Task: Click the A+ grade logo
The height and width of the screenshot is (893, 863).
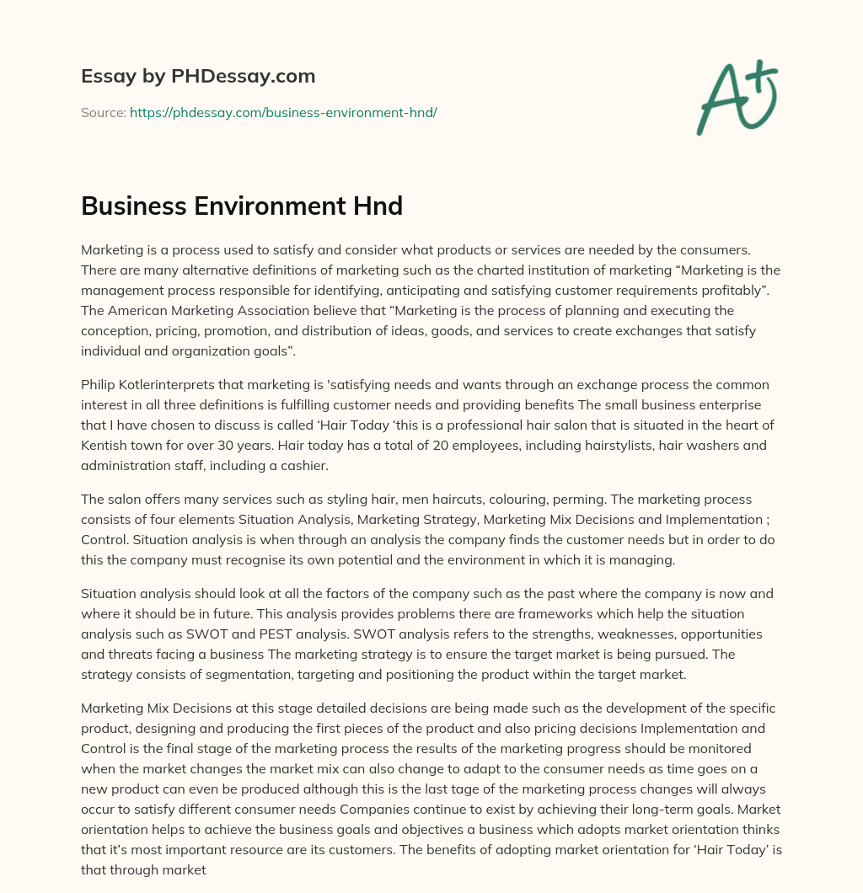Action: tap(736, 97)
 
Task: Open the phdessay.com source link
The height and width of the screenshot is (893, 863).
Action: tap(283, 112)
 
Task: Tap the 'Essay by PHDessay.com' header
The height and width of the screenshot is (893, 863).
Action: tap(198, 77)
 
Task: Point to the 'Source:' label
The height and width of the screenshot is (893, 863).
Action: tap(103, 112)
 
